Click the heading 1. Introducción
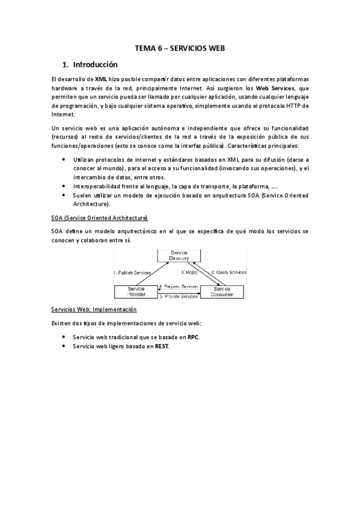(90, 64)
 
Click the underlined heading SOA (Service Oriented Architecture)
(99, 217)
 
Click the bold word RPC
(193, 337)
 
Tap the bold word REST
(162, 346)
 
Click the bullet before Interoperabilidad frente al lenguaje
(64, 186)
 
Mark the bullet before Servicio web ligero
(64, 346)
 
